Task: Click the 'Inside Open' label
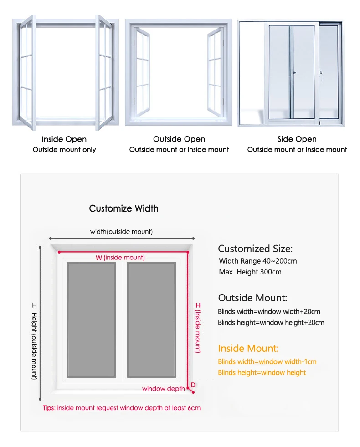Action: tap(64, 139)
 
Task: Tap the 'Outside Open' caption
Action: tap(179, 139)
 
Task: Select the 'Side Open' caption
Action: tap(297, 139)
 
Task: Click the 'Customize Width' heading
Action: tap(124, 208)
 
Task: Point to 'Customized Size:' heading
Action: tap(255, 249)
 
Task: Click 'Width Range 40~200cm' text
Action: tap(258, 261)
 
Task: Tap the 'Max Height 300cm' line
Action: tap(250, 272)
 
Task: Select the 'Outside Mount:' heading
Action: tap(252, 298)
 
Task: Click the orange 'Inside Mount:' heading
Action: tap(248, 349)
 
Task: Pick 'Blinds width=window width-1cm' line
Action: tap(267, 361)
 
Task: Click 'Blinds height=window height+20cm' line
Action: tap(271, 322)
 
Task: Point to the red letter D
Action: tap(193, 385)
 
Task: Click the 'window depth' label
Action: tap(164, 389)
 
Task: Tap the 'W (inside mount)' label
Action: tap(120, 258)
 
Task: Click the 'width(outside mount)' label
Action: tap(121, 232)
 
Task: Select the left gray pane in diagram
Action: tap(91, 320)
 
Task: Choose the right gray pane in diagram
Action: tap(151, 320)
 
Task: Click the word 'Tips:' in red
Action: tap(49, 408)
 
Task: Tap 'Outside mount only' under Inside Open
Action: tap(64, 150)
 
